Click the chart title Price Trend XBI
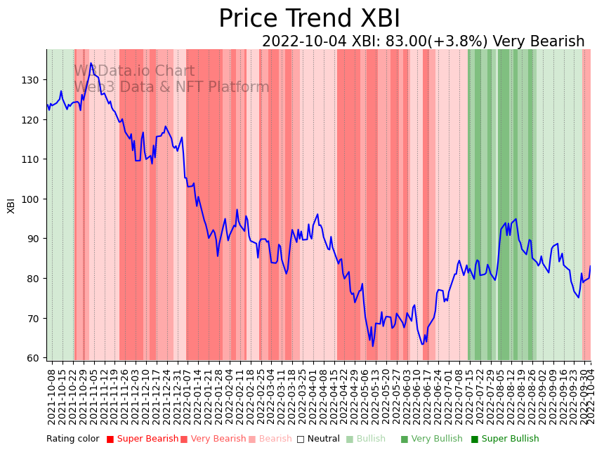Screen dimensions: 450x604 coord(309,19)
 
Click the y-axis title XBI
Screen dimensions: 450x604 coord(11,205)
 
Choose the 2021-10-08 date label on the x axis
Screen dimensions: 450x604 coord(51,397)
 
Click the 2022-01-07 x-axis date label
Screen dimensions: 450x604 coord(188,397)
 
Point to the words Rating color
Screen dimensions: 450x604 coord(73,439)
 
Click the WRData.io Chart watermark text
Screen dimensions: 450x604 coord(134,71)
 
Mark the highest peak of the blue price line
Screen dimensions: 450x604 coord(91,63)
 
